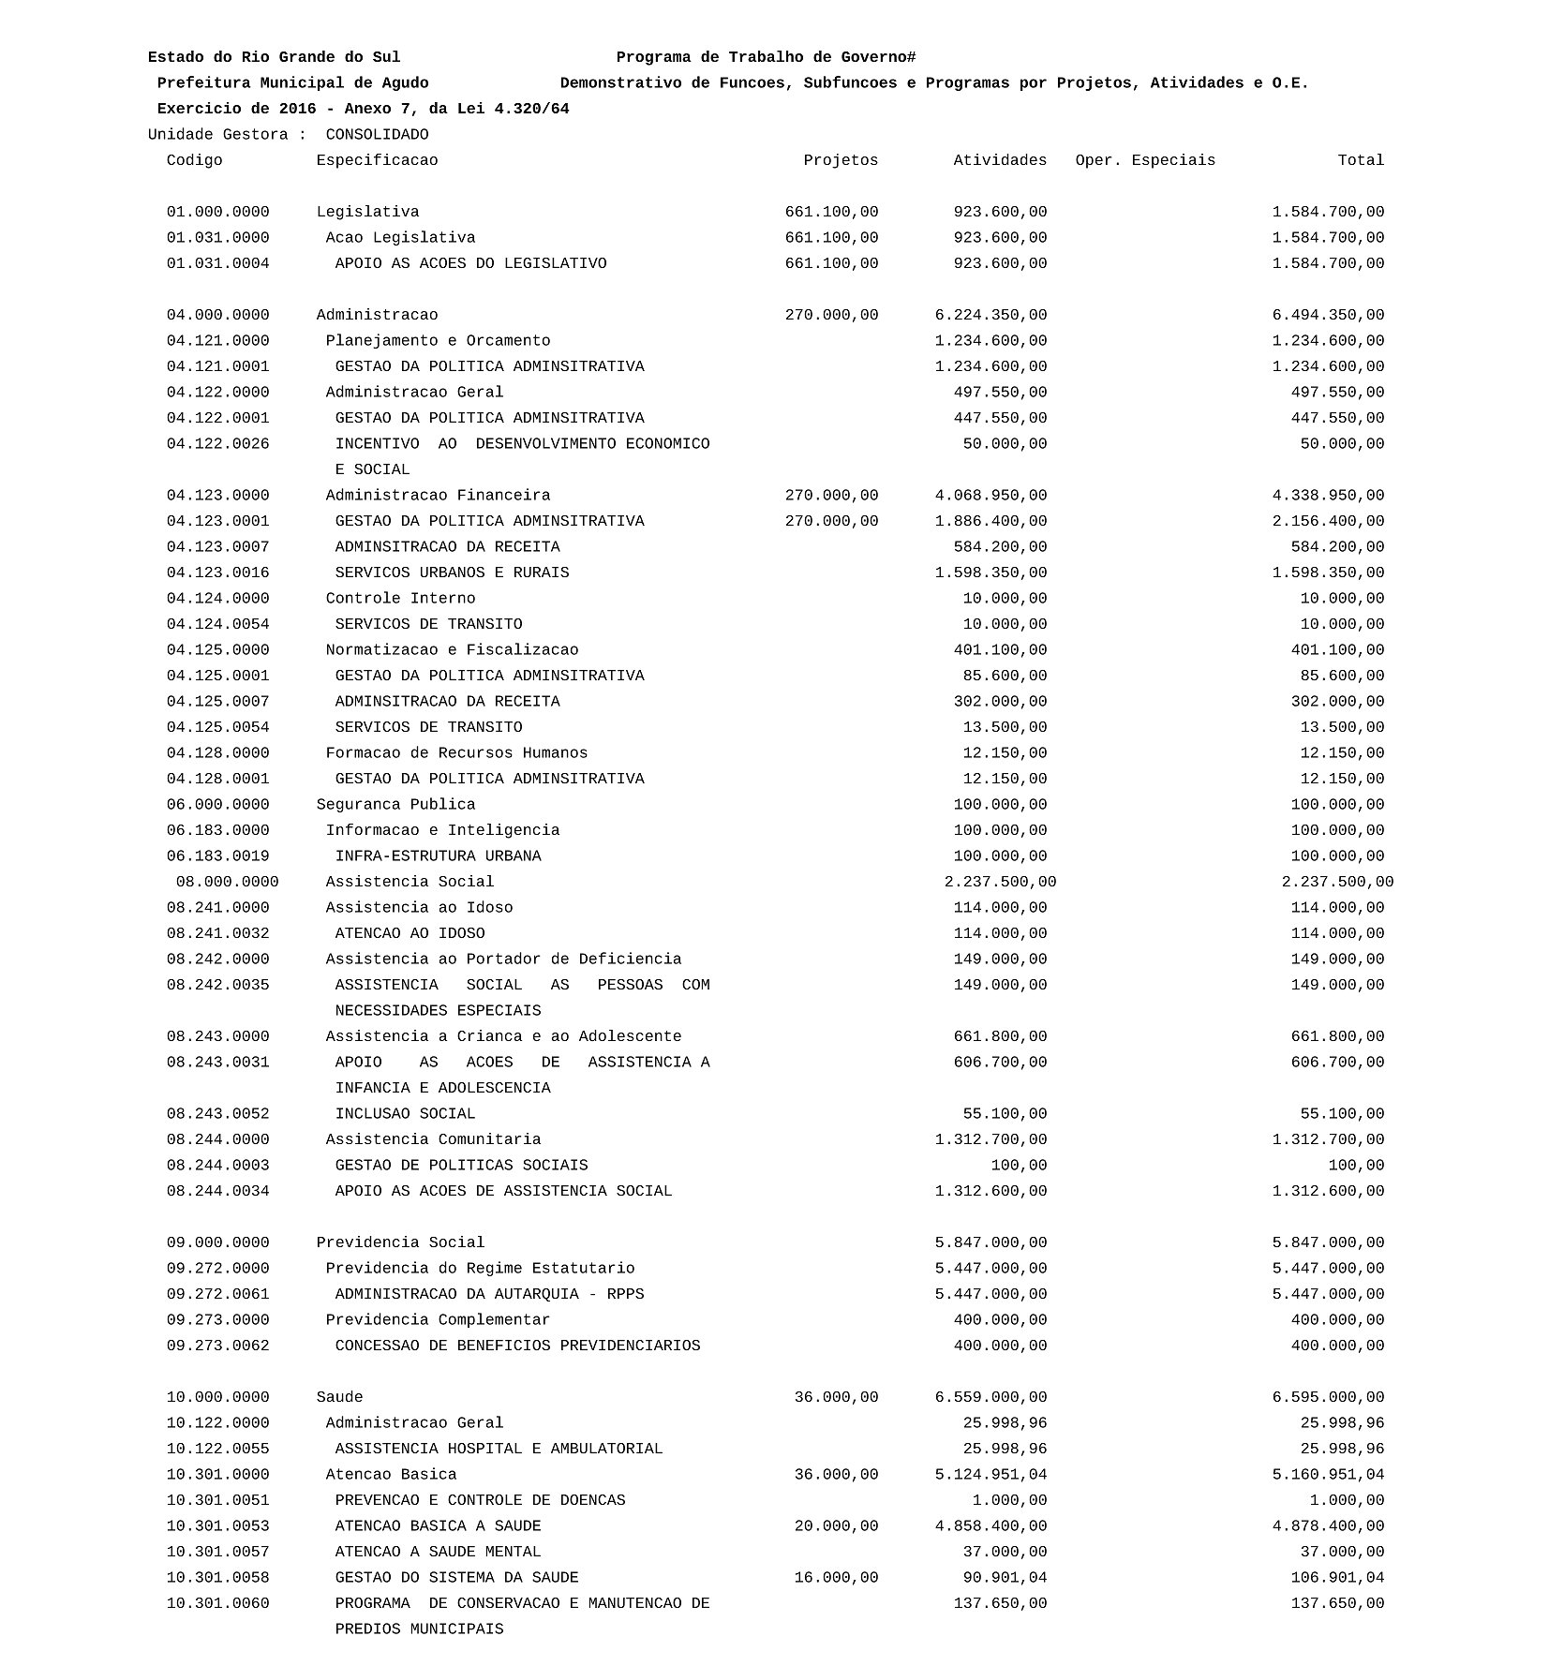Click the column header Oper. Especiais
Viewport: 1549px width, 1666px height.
click(x=1145, y=160)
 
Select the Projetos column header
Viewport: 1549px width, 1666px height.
click(x=841, y=160)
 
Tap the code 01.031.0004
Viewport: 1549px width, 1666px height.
click(x=218, y=263)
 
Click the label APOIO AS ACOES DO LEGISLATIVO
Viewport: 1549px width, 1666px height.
click(x=470, y=263)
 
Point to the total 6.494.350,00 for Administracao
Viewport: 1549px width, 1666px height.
click(x=1328, y=315)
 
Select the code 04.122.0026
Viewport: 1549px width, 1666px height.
click(x=218, y=444)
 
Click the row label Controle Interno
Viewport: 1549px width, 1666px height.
click(x=400, y=599)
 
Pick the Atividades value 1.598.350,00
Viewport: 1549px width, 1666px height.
click(x=990, y=573)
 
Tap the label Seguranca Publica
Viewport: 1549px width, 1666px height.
click(x=395, y=805)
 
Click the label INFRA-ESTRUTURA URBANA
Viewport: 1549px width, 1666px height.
click(x=438, y=856)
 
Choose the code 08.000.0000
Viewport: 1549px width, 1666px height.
click(x=228, y=882)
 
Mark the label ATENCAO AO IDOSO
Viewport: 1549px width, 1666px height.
click(x=410, y=933)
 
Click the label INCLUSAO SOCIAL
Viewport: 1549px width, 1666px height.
click(x=405, y=1114)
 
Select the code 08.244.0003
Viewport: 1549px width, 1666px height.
click(x=218, y=1166)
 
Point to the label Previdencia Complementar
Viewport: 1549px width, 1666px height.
click(x=438, y=1320)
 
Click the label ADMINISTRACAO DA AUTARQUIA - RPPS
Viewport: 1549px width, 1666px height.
click(x=489, y=1294)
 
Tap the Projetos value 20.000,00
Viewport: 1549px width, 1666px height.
click(x=836, y=1526)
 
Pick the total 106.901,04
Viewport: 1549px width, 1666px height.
click(x=1337, y=1578)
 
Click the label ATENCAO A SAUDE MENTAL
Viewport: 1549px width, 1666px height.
click(x=438, y=1552)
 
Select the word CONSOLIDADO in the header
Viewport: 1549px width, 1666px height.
click(x=377, y=135)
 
